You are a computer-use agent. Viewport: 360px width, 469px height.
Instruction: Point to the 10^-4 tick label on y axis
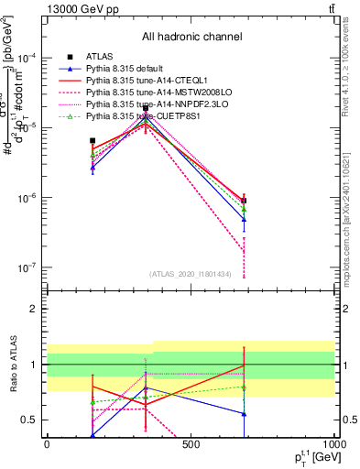(x=27, y=58)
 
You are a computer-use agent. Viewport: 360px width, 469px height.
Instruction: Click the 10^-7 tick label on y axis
(x=27, y=268)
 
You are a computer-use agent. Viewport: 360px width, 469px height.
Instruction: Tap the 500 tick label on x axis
(x=191, y=443)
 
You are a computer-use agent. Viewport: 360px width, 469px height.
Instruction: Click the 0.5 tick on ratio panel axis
(x=29, y=420)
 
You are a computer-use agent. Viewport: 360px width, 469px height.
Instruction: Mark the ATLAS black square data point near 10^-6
(x=244, y=201)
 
